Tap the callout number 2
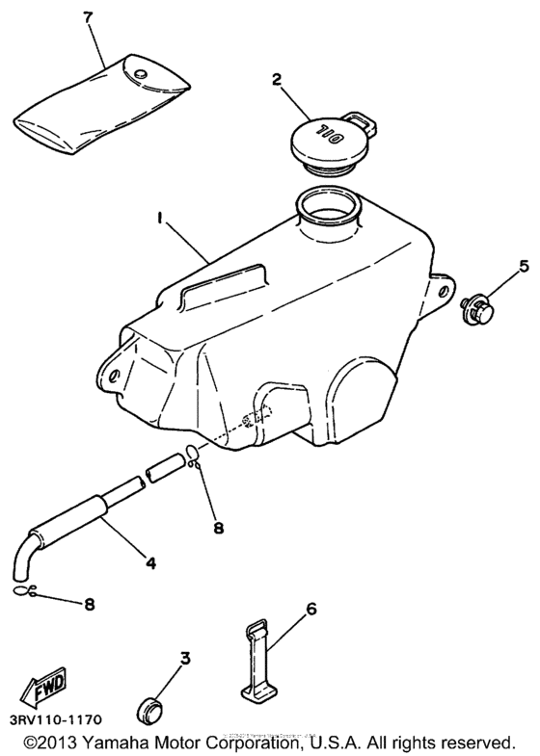pyautogui.click(x=277, y=80)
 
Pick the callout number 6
pyautogui.click(x=311, y=609)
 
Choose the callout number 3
pyautogui.click(x=185, y=659)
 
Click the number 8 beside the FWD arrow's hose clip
pyautogui.click(x=89, y=605)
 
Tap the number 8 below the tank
pyautogui.click(x=217, y=527)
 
